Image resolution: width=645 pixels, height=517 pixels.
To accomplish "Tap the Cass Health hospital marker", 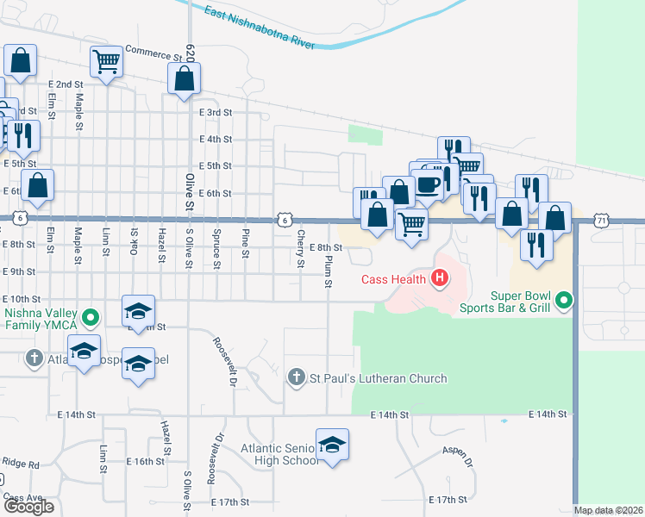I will [x=440, y=278].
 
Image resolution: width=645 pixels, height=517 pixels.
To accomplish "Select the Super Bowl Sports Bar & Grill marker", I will [x=564, y=301].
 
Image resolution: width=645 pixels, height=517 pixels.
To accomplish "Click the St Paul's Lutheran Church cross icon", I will [x=296, y=377].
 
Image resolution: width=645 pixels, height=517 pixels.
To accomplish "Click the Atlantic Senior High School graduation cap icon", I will [x=332, y=445].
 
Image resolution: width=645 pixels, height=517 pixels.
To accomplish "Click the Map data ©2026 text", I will [x=608, y=510].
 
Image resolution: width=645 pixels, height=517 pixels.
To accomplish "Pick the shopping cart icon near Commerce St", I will [x=106, y=61].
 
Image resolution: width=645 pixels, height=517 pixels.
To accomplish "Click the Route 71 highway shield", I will [x=601, y=221].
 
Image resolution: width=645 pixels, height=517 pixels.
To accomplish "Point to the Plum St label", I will [x=329, y=268].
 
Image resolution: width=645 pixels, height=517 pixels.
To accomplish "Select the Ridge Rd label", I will [x=21, y=463].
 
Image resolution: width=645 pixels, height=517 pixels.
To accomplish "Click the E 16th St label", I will [x=144, y=461].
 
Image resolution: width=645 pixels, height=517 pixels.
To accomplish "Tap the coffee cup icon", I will [x=428, y=184].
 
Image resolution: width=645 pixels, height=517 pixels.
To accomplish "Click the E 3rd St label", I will [x=216, y=113].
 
